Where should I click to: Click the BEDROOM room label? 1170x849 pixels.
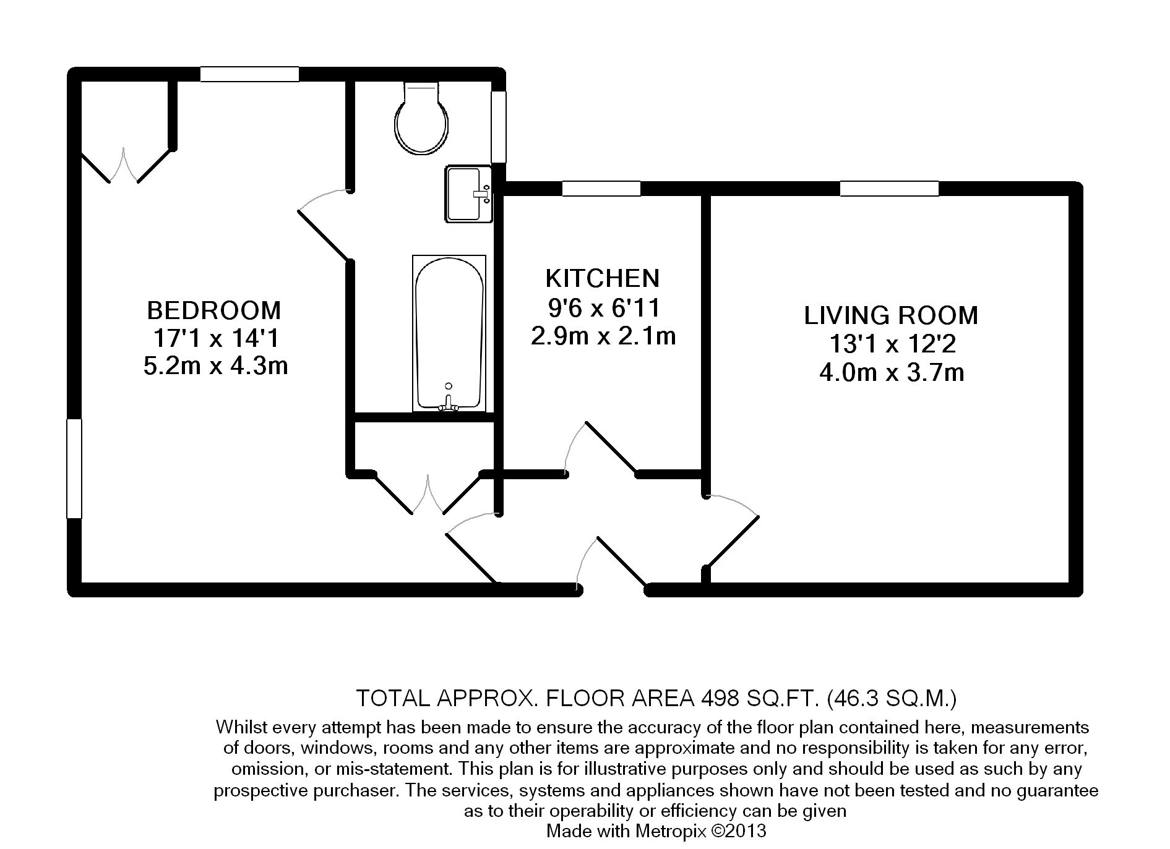click(213, 309)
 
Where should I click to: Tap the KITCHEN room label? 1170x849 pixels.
click(602, 278)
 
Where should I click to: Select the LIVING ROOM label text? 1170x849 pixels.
click(891, 315)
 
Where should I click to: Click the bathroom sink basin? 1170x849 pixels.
click(468, 193)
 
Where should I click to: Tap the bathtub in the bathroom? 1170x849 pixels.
click(449, 333)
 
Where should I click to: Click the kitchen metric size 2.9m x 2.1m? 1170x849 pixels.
click(603, 336)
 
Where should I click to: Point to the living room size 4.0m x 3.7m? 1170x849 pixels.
click(892, 373)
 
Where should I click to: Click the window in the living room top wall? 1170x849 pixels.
click(889, 188)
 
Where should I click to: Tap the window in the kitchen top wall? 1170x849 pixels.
click(601, 188)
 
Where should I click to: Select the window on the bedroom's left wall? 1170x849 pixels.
click(74, 468)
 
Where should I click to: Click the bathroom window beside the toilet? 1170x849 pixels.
click(499, 127)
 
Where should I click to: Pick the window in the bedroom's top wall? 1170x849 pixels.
click(249, 74)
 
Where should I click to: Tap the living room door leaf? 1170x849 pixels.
click(733, 540)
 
